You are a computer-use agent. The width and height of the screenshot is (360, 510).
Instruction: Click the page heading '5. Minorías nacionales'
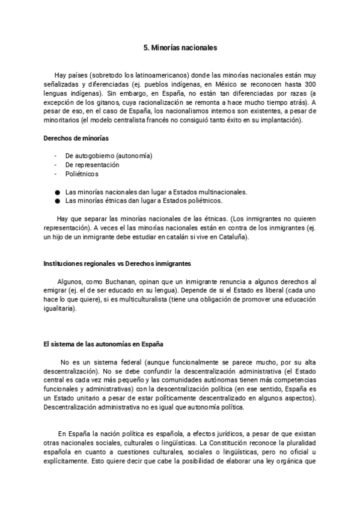pos(180,46)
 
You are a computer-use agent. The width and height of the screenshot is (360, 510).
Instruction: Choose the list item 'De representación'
pos(92,165)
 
